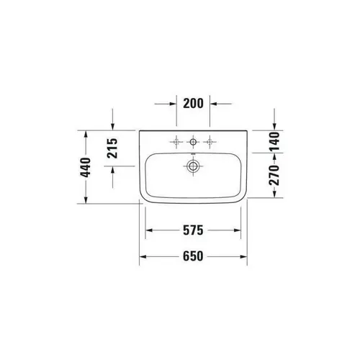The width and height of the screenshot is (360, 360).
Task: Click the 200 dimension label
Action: (x=193, y=104)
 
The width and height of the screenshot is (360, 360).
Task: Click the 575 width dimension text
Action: (x=193, y=231)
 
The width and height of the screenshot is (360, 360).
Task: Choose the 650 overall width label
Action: (x=193, y=256)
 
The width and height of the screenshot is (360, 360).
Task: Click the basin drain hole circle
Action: (x=192, y=166)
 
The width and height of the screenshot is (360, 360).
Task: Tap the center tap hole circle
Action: (x=193, y=140)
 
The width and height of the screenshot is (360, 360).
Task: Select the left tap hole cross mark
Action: (x=176, y=140)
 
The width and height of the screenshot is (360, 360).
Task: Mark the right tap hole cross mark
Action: (x=210, y=140)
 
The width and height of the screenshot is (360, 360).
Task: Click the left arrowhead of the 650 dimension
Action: (x=143, y=256)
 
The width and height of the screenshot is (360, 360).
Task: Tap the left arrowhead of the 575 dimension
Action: (x=150, y=231)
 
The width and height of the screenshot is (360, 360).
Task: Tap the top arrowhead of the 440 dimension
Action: (x=87, y=133)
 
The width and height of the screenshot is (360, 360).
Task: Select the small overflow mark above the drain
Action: (x=192, y=155)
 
